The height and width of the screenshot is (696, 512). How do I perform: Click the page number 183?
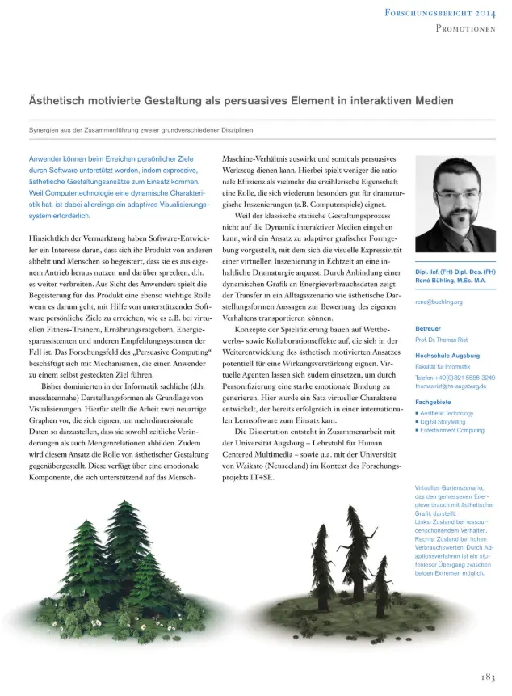coord(485,677)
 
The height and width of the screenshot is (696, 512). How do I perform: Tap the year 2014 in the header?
coord(485,11)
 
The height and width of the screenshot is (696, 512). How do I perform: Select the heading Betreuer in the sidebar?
coord(428,330)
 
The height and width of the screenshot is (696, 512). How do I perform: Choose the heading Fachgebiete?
coord(433,402)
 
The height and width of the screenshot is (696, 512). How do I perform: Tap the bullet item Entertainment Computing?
coord(453,431)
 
